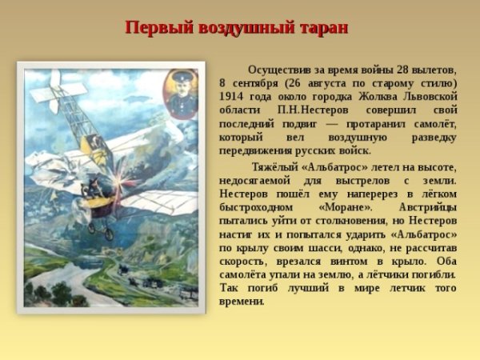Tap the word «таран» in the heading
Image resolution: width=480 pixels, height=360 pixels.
[322, 27]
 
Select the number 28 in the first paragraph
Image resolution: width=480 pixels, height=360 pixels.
[393, 69]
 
